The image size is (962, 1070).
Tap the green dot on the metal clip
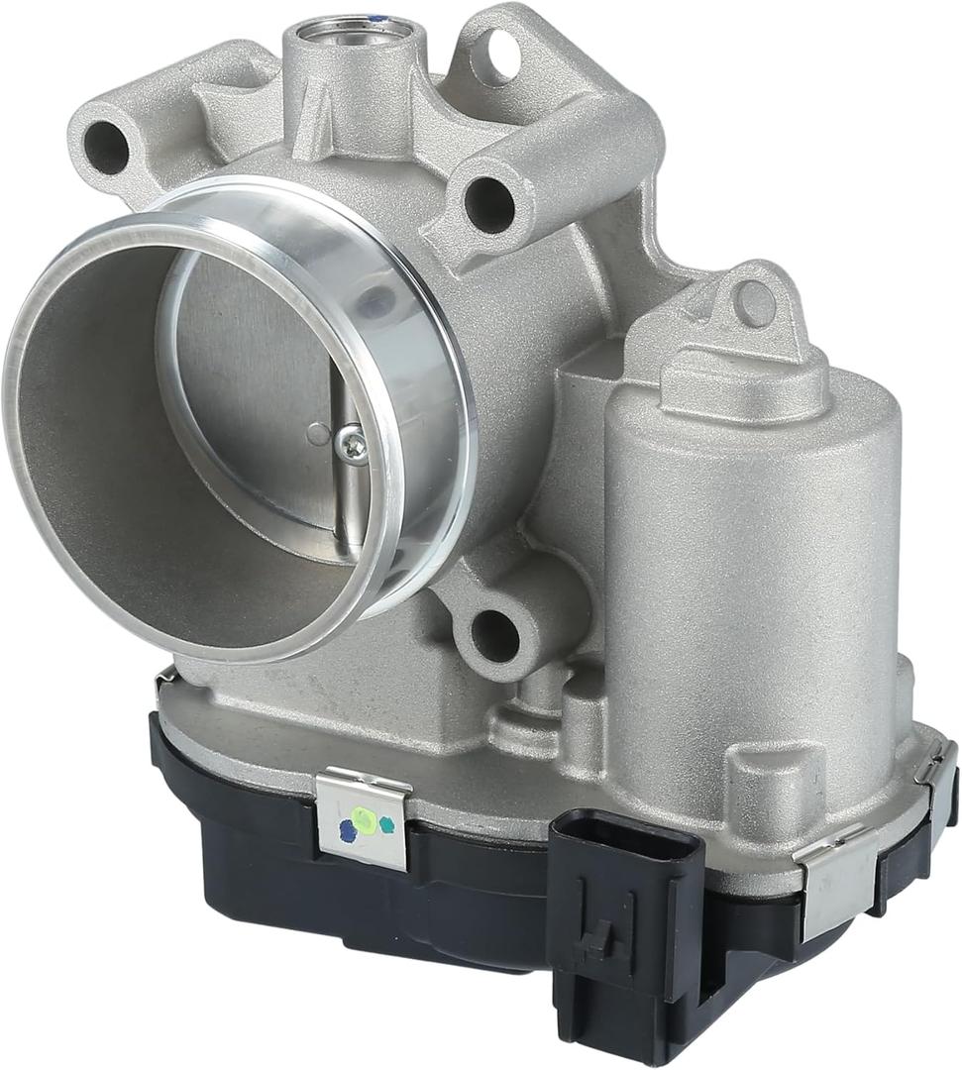366,821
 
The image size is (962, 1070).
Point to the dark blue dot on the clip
347,833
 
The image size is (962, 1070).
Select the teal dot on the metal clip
386,824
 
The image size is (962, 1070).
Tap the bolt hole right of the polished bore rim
489,203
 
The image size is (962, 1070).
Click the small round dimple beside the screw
317,433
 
